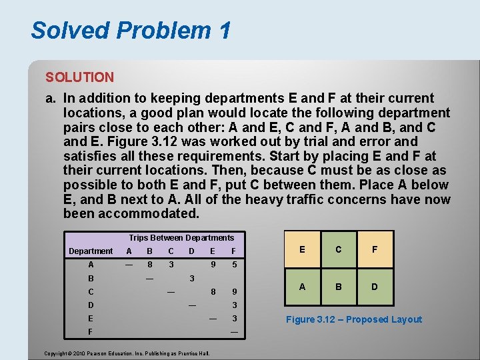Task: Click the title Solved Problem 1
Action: (x=131, y=30)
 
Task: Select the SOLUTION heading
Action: (x=79, y=77)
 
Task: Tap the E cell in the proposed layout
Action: (x=303, y=249)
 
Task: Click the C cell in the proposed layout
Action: (x=339, y=249)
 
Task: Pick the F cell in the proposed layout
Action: (x=375, y=249)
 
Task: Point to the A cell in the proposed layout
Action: (x=303, y=287)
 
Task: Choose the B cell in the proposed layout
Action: (x=339, y=287)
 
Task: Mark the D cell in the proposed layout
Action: (x=375, y=287)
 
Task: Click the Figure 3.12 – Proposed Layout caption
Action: (x=354, y=319)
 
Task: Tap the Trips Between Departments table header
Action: (x=181, y=238)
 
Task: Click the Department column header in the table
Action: (x=91, y=251)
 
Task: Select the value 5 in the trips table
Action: (x=234, y=264)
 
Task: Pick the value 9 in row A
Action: (x=213, y=264)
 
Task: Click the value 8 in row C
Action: (x=213, y=291)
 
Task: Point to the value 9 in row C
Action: (x=234, y=291)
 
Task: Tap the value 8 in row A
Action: (x=149, y=264)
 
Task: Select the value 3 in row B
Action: (x=192, y=278)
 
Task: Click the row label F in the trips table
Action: (x=90, y=331)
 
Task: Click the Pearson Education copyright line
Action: (x=127, y=353)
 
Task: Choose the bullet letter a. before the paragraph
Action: (x=50, y=98)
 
